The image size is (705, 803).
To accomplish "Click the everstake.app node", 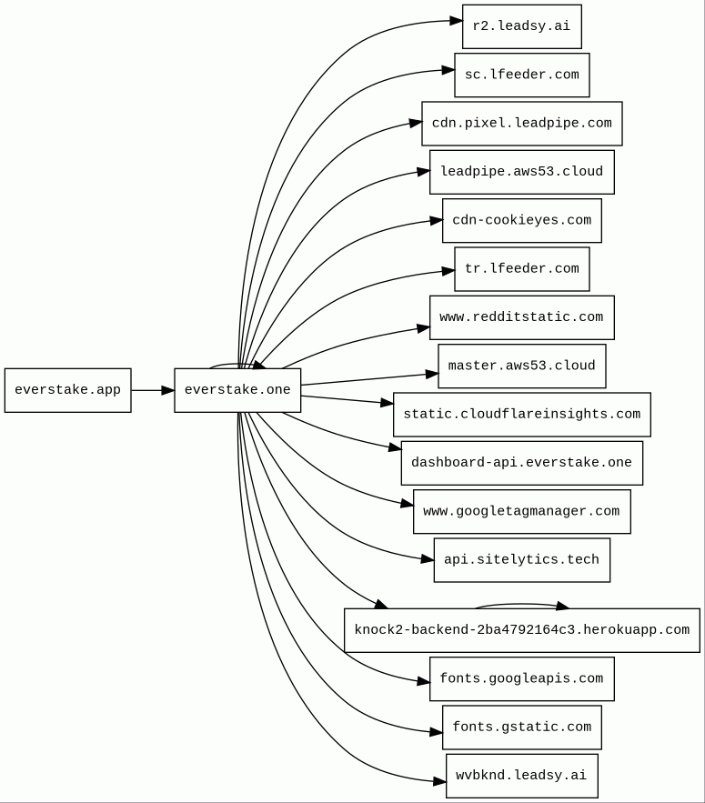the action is click(x=68, y=390).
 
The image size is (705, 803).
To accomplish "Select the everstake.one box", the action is click(x=237, y=390).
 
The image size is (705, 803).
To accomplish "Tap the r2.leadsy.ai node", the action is click(x=522, y=26).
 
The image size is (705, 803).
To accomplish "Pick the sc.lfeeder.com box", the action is click(x=522, y=75).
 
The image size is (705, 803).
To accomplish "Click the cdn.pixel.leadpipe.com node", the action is click(x=522, y=124).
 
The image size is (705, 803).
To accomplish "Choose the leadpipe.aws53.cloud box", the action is click(x=522, y=172).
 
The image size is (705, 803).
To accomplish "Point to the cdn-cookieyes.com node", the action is click(x=522, y=221).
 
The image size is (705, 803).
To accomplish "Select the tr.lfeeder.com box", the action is click(x=522, y=269).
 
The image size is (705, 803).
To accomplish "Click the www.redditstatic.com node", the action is click(x=522, y=317).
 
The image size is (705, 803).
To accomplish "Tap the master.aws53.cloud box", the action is click(x=522, y=366).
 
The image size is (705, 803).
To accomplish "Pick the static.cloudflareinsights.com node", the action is click(x=522, y=415).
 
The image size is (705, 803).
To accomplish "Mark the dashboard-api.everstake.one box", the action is click(x=522, y=463).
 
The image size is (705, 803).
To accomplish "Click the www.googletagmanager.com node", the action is click(x=522, y=512).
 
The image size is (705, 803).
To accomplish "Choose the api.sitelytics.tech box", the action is click(x=522, y=560).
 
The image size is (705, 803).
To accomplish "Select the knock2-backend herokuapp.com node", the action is click(x=522, y=630).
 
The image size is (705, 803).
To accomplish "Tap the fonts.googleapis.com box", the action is click(x=522, y=679).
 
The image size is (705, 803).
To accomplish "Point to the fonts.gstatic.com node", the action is click(x=522, y=728).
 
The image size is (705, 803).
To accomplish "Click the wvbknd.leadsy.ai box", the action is click(x=522, y=776).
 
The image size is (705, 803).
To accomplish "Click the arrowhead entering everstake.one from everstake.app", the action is click(x=167, y=390).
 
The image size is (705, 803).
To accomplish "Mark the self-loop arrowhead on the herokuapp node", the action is click(x=562, y=607).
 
